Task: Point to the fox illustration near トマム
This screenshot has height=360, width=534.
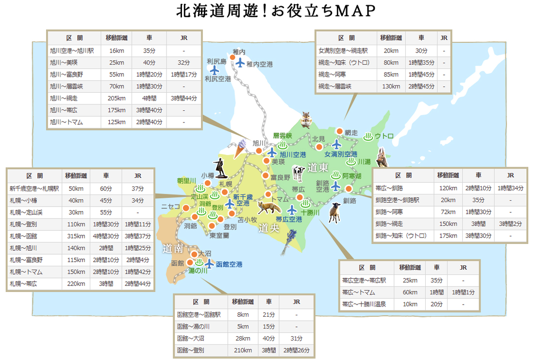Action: click(x=268, y=208)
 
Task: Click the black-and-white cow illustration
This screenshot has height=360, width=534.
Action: click(x=298, y=173)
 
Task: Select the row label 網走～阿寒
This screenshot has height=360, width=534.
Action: click(x=334, y=74)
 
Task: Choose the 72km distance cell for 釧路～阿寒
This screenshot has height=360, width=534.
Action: click(x=446, y=212)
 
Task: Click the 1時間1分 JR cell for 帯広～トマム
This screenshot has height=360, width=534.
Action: click(x=463, y=292)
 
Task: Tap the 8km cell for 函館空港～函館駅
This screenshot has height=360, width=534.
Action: click(x=243, y=314)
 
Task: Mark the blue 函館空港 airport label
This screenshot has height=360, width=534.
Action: click(x=229, y=265)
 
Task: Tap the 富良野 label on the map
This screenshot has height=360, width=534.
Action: click(x=280, y=177)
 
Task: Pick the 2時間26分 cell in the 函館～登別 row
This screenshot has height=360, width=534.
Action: click(x=296, y=350)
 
